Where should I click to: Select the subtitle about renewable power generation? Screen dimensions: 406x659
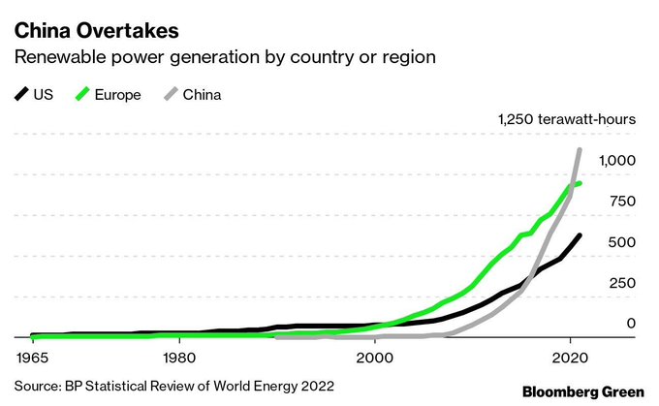[x=224, y=55]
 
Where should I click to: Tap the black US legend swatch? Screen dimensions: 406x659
[x=21, y=95]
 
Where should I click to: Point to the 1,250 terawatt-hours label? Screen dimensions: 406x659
[x=566, y=120]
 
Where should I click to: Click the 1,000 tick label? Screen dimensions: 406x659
[x=617, y=160]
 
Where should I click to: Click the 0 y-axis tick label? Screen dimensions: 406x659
[x=631, y=324]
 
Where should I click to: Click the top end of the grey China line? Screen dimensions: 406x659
[x=579, y=150]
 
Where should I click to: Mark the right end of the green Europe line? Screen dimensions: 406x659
[x=580, y=183]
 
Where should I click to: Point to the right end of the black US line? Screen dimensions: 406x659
[x=580, y=235]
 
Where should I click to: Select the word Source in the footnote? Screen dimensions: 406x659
[x=37, y=386]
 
